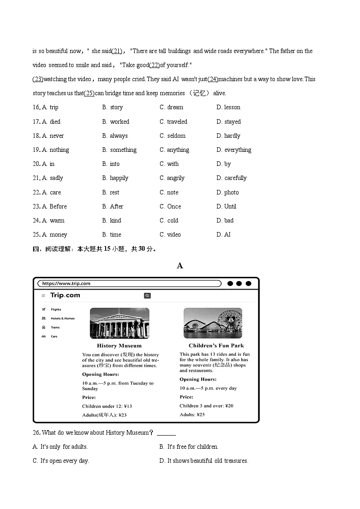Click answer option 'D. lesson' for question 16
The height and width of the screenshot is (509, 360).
tap(228, 107)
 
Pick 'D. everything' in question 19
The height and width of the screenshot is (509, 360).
tap(234, 150)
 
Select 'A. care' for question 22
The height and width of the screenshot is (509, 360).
tap(51, 192)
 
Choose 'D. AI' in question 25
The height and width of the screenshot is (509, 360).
tap(224, 234)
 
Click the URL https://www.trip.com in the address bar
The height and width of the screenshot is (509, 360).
tap(66, 284)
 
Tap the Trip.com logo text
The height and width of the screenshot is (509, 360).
tap(65, 295)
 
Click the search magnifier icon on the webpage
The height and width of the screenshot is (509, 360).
tap(147, 296)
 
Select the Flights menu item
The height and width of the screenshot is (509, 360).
tap(56, 310)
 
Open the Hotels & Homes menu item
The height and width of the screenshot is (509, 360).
tap(63, 319)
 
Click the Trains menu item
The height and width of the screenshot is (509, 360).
tap(55, 327)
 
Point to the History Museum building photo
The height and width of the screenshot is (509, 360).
tap(119, 323)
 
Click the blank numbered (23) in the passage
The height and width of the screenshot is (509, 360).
tap(38, 79)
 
